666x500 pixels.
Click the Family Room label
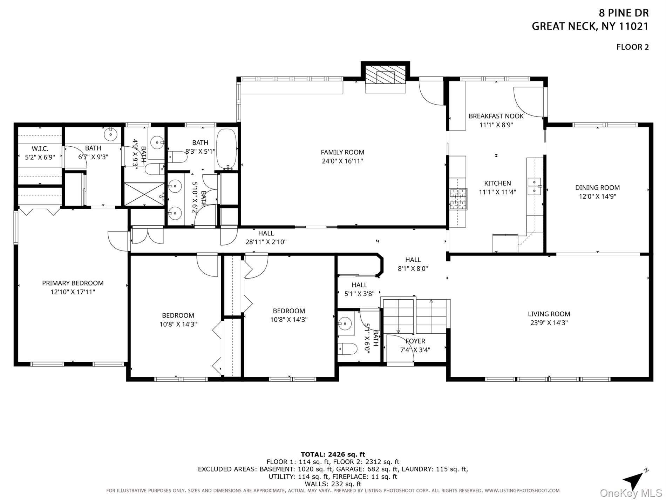click(342, 152)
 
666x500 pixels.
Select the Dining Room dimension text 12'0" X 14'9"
click(597, 196)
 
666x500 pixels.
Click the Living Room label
click(549, 314)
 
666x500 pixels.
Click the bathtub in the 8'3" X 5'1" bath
click(227, 149)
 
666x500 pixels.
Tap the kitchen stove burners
click(458, 199)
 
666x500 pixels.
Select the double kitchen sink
click(535, 186)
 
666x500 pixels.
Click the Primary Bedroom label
click(73, 283)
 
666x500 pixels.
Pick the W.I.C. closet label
click(40, 149)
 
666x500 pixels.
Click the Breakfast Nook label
click(496, 116)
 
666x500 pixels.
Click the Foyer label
click(415, 341)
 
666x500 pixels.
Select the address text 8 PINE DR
click(624, 13)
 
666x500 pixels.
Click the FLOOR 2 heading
click(633, 47)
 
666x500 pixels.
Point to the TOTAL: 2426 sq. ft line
click(333, 455)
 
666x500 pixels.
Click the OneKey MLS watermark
click(631, 493)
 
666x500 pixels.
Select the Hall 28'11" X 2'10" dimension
click(266, 242)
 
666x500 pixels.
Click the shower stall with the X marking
click(144, 194)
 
